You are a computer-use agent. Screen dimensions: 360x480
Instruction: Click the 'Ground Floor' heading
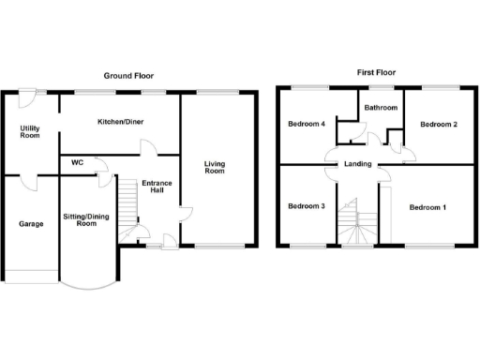tap(129, 76)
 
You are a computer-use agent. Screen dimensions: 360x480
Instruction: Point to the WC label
tap(77, 161)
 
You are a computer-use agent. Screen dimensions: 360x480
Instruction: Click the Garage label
tap(30, 224)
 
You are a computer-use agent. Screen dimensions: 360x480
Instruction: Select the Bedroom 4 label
tap(307, 124)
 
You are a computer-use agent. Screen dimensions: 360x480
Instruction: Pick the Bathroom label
tap(381, 108)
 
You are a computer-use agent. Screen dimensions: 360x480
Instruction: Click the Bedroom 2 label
tap(438, 124)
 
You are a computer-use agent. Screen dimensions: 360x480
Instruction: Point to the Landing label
tap(358, 165)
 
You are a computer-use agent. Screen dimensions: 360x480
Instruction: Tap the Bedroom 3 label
tap(307, 206)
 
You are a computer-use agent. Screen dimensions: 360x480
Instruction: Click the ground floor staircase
tap(128, 201)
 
